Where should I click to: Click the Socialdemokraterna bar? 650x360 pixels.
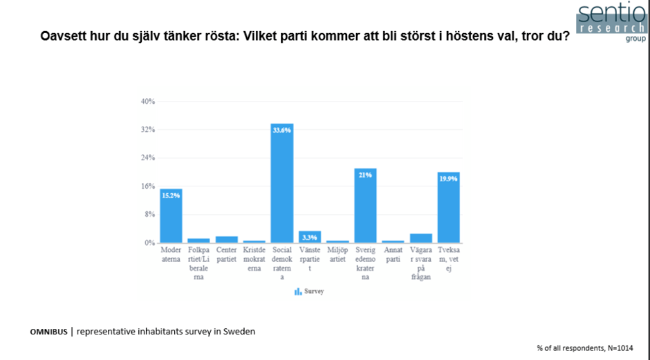tap(281, 187)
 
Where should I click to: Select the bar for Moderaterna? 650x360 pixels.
tap(171, 218)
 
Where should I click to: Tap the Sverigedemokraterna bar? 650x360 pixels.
tap(365, 207)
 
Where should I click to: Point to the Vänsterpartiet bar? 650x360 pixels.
tap(309, 237)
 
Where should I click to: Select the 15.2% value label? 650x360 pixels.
tap(171, 195)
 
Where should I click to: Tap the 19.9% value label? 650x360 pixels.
tap(448, 178)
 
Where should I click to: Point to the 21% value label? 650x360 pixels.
tap(365, 175)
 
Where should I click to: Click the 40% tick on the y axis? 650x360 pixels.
tap(148, 102)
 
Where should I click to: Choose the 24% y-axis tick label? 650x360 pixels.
tap(148, 158)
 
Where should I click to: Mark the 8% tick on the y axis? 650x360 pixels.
tap(150, 214)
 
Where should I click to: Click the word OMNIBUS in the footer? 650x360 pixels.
tap(48, 332)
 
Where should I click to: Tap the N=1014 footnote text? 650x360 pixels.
tap(616, 348)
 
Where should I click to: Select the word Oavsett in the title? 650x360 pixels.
tap(62, 37)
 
